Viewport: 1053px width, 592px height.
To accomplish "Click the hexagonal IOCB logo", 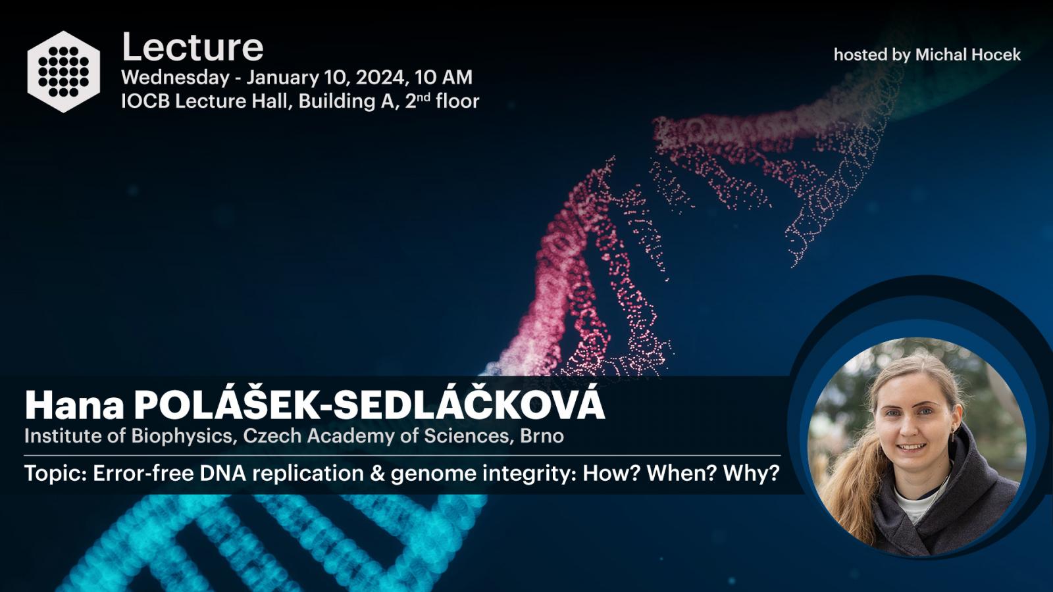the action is click(63, 72).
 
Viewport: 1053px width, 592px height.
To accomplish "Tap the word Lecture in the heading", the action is click(192, 47).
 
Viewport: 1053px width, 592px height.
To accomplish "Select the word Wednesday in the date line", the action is click(175, 78).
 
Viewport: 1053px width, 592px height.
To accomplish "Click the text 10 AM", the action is click(444, 78).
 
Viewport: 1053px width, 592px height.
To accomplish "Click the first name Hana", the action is click(75, 405).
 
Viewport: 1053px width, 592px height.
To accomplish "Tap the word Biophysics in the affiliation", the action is click(182, 436).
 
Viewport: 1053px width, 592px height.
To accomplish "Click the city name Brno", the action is click(542, 436).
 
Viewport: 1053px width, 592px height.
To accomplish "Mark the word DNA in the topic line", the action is click(223, 474).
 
